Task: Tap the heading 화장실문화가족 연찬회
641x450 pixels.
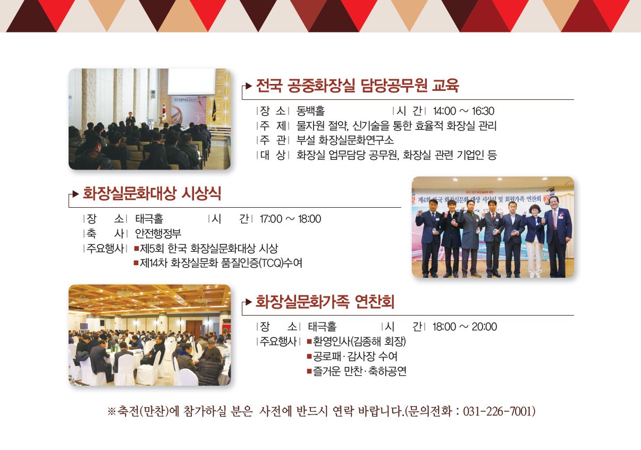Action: [x=325, y=301]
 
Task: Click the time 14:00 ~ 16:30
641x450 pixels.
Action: [x=463, y=111]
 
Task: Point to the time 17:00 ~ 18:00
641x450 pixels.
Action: [x=290, y=219]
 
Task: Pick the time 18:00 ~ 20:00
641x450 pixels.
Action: [x=465, y=326]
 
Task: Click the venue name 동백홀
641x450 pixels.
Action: [x=310, y=111]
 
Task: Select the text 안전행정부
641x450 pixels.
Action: [x=158, y=233]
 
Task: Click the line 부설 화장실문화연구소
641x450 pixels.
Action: [x=345, y=140]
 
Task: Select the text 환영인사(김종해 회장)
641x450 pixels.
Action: [x=359, y=341]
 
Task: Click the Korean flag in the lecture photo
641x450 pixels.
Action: [x=164, y=110]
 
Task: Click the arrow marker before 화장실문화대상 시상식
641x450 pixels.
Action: [x=75, y=194]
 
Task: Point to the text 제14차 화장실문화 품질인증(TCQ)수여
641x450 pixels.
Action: [x=221, y=263]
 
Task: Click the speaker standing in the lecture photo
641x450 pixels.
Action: [x=131, y=118]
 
